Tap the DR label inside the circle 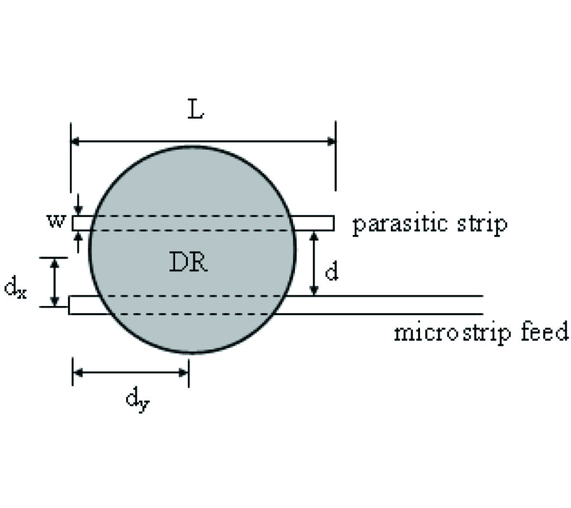pos(188,262)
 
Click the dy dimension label pos(136,399)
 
